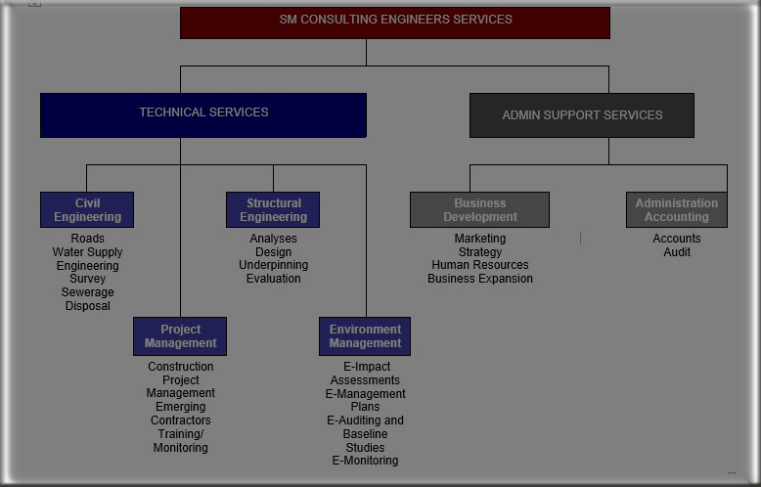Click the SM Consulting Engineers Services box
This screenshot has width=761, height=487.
click(x=395, y=22)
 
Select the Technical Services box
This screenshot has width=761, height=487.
click(x=203, y=114)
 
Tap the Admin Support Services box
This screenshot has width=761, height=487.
click(x=582, y=115)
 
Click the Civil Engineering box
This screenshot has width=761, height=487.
click(x=87, y=210)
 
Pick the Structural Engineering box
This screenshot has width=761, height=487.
click(x=273, y=210)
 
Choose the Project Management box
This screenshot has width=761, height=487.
click(x=180, y=336)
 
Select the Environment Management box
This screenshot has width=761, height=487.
click(x=365, y=336)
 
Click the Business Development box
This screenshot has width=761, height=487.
click(x=479, y=210)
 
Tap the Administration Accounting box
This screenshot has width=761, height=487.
click(x=676, y=210)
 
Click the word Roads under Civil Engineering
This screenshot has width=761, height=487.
click(x=87, y=239)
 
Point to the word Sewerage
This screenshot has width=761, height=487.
click(x=87, y=292)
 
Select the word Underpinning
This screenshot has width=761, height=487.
click(x=273, y=265)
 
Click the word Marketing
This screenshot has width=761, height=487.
click(x=479, y=239)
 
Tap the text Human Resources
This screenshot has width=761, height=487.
click(x=479, y=265)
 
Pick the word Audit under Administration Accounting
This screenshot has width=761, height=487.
click(x=677, y=252)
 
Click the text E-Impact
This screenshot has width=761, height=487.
click(x=365, y=367)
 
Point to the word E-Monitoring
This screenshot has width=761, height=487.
click(x=365, y=461)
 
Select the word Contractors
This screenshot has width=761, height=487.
click(x=180, y=421)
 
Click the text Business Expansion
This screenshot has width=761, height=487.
click(x=479, y=279)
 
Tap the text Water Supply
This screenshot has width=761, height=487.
click(x=87, y=252)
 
